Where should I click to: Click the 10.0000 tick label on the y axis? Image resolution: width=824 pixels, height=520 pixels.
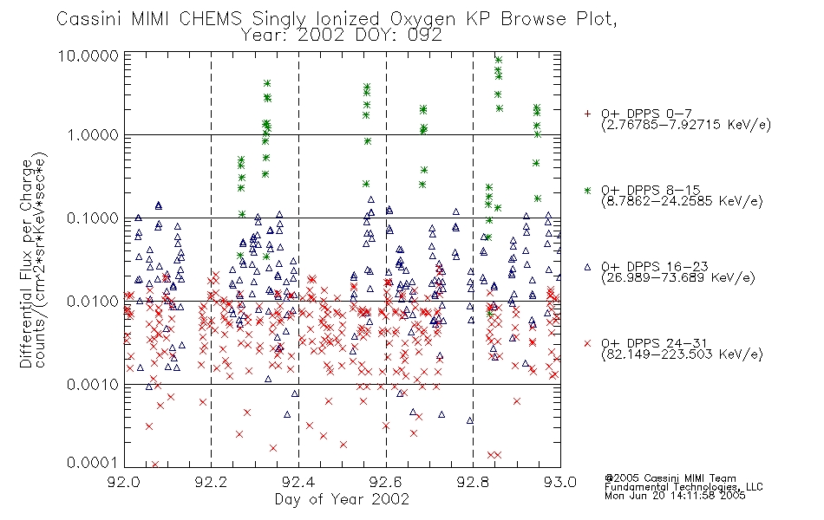88,56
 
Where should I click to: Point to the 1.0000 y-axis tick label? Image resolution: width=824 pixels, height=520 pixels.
93,135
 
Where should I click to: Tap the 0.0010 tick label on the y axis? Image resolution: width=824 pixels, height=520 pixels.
93,385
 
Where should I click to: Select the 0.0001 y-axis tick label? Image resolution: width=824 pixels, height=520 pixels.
93,462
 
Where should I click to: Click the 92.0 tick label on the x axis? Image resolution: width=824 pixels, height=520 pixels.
124,482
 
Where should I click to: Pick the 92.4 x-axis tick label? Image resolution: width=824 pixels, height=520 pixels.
298,482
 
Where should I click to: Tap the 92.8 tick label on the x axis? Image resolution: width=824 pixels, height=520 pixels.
473,482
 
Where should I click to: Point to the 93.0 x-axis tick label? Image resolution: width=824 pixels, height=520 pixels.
560,482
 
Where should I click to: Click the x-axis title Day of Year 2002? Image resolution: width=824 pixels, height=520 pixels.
342,499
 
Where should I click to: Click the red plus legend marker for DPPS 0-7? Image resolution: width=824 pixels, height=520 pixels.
587,114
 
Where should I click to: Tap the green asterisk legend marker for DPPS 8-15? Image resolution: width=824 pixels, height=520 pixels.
587,190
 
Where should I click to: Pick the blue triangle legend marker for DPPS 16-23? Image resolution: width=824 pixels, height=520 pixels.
587,267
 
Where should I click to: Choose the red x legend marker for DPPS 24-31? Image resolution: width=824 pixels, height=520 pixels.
587,343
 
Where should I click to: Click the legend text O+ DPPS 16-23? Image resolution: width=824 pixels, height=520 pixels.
655,267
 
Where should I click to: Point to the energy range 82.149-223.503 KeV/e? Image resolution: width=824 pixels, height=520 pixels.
682,354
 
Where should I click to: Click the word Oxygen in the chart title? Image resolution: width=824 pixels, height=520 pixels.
423,19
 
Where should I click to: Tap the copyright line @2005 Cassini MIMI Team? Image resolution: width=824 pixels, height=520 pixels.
670,478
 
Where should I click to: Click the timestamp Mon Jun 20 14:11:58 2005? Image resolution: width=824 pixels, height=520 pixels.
675,496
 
